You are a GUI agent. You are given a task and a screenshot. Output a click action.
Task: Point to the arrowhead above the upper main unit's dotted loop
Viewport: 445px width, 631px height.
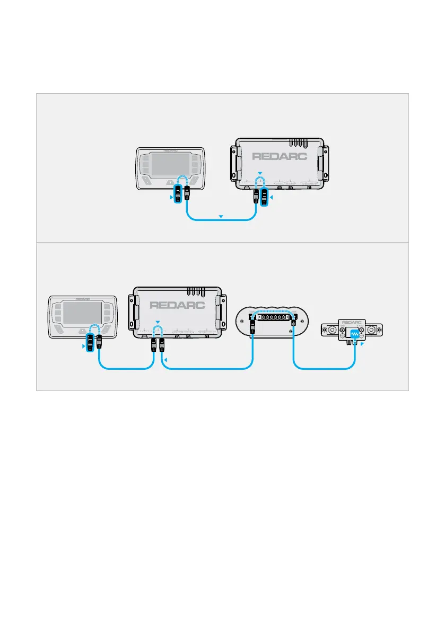pos(260,173)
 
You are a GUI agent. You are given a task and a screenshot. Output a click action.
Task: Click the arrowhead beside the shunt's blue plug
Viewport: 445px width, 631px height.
pos(363,344)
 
